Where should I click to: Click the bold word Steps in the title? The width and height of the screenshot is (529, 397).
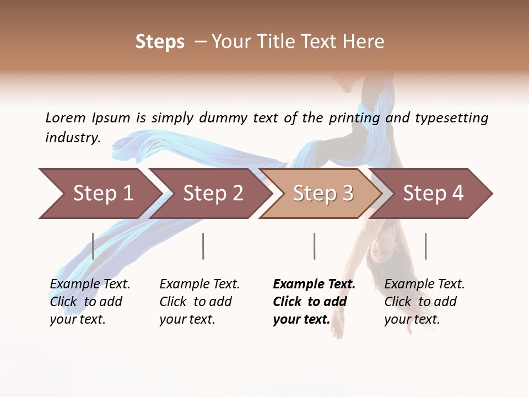(160, 42)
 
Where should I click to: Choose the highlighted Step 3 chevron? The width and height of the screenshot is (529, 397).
(322, 194)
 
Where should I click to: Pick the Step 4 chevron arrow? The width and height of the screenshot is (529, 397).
(433, 194)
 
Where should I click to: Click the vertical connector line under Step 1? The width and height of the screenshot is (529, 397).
(93, 246)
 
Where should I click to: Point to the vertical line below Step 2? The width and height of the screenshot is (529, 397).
(203, 246)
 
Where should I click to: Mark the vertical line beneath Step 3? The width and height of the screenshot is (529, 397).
(314, 246)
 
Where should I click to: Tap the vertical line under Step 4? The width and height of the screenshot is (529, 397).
(425, 246)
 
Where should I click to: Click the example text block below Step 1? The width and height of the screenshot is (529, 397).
(90, 302)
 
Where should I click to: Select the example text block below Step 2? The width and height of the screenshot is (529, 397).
(199, 302)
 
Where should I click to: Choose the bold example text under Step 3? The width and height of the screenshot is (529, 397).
(314, 302)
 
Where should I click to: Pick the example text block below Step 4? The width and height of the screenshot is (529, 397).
(424, 302)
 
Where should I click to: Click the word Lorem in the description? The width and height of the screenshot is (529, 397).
(66, 118)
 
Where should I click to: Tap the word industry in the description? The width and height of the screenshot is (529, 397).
(72, 138)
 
